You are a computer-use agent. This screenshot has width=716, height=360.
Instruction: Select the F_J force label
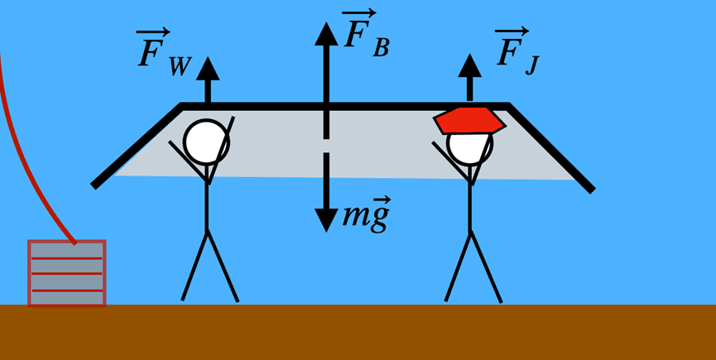[x=517, y=51]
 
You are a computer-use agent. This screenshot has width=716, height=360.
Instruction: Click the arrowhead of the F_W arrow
[x=208, y=69]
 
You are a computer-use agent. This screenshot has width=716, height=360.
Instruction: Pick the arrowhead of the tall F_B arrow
[x=326, y=33]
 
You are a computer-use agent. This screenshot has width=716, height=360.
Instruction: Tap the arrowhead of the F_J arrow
[x=470, y=65]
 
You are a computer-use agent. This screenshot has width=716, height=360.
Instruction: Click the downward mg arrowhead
[x=326, y=218]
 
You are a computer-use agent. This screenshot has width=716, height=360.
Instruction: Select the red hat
[x=469, y=120]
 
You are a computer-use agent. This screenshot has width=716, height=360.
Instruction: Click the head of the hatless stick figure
[x=206, y=142]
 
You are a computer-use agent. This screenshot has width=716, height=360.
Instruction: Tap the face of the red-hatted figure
[x=470, y=146]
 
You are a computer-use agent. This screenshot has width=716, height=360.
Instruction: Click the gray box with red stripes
[x=67, y=273]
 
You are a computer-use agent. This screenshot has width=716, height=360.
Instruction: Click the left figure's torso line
[x=207, y=203]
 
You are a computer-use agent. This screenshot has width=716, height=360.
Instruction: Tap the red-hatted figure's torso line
[x=470, y=203]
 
